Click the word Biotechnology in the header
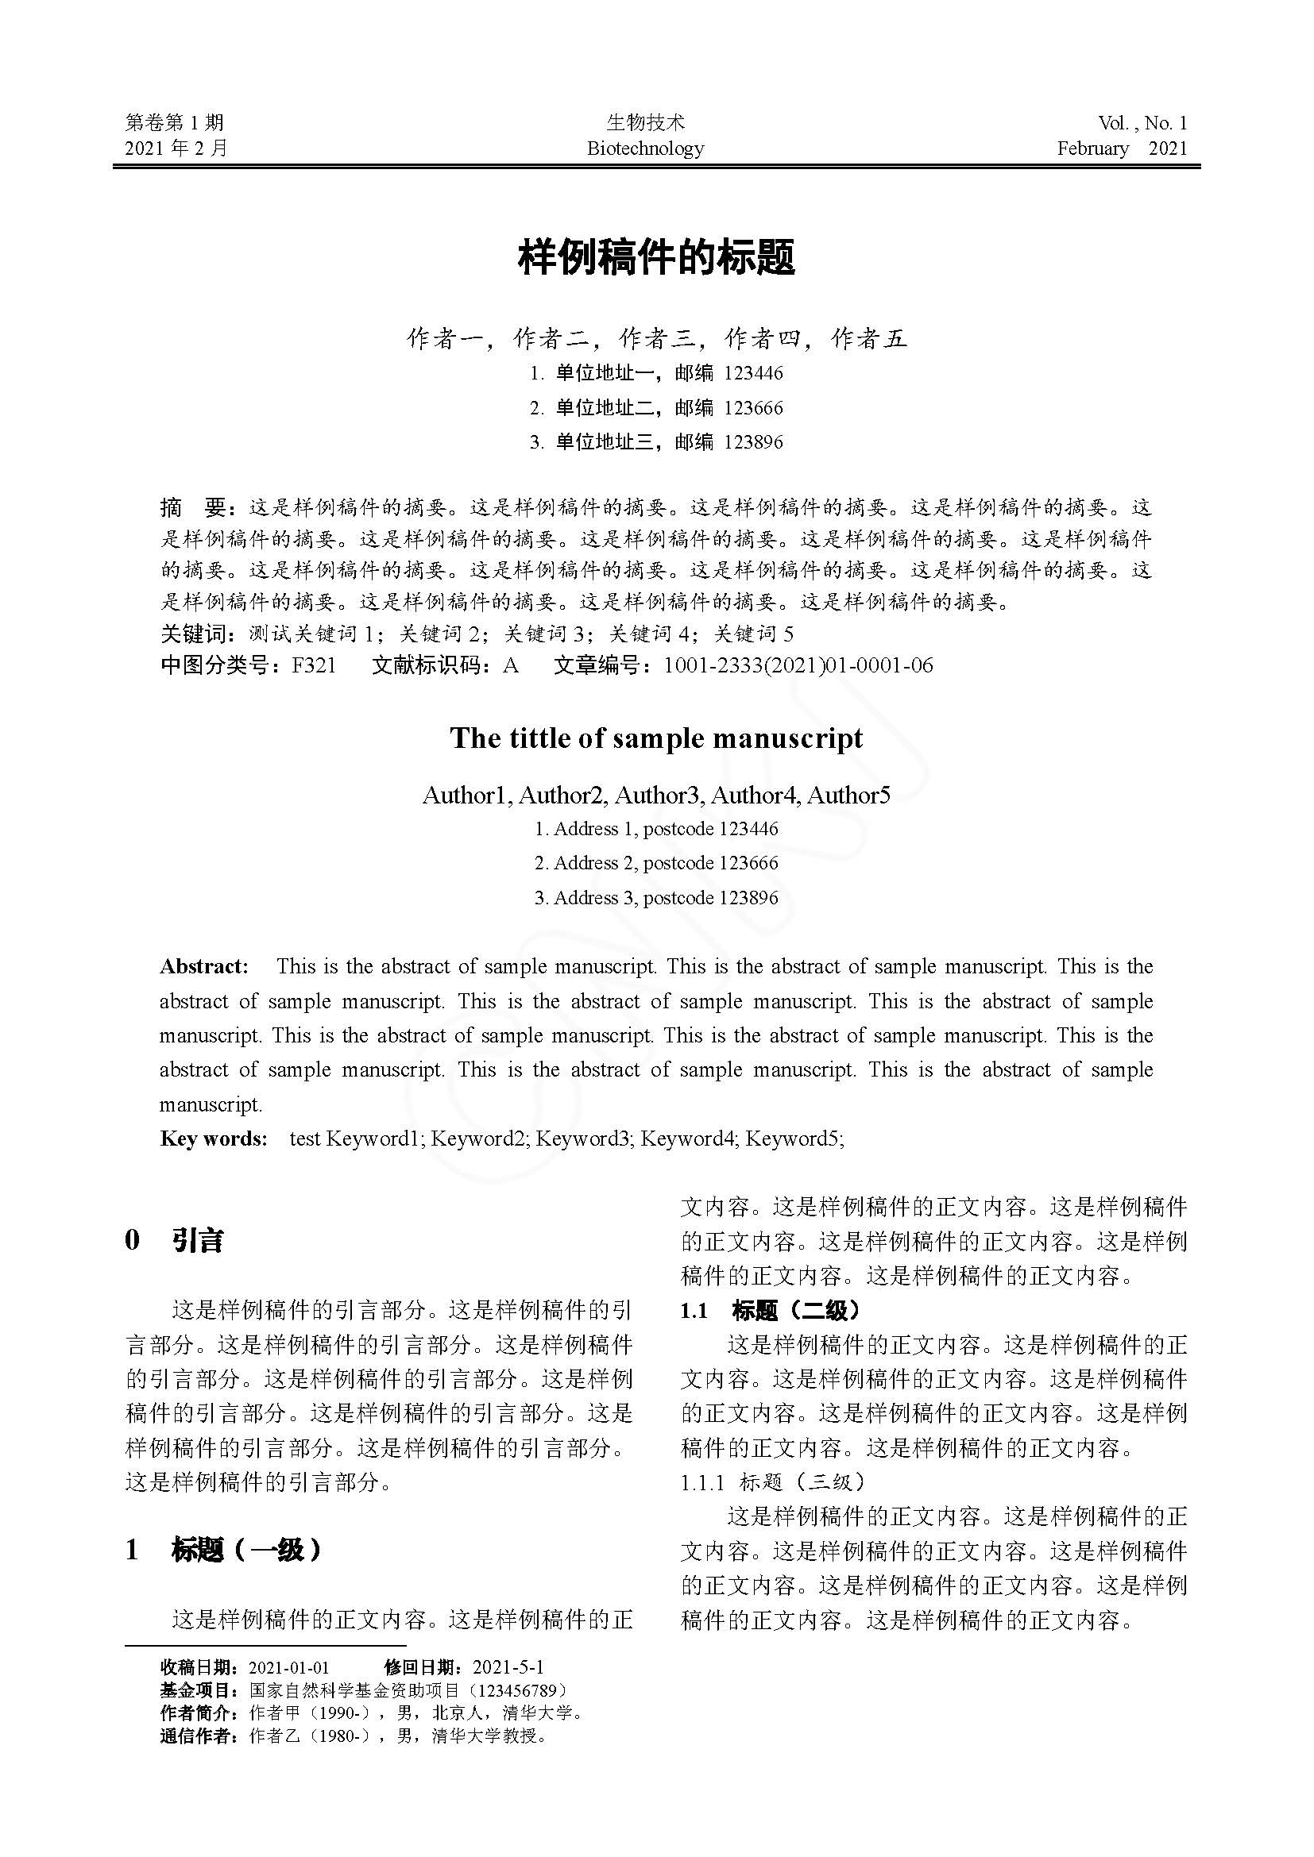coord(645,148)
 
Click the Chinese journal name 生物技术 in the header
coord(645,122)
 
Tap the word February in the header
coord(1092,148)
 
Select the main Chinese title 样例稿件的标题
coord(656,257)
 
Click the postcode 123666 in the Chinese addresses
coord(753,407)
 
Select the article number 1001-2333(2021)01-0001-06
coord(798,665)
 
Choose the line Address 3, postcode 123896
coord(656,898)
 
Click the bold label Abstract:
coord(204,966)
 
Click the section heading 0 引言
coord(175,1240)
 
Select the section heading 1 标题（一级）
coord(223,1550)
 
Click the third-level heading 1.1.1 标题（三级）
coord(773,1482)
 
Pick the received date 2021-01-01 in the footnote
coord(289,1667)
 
